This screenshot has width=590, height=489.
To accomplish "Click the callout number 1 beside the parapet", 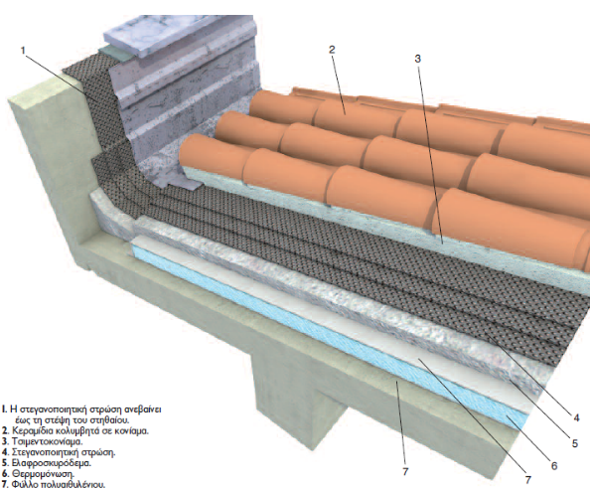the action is [x=23, y=51].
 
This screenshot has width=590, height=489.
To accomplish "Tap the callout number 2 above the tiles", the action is [x=332, y=50].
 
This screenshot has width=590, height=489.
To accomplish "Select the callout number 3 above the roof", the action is [x=417, y=59].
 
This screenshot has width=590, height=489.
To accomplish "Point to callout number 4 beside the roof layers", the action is [x=576, y=417].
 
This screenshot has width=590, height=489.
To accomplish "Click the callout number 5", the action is [x=574, y=443].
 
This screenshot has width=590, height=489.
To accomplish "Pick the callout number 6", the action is [x=554, y=466].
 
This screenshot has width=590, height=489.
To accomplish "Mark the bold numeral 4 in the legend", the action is [x=5, y=452].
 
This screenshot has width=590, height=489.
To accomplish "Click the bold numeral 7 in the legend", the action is [x=5, y=484].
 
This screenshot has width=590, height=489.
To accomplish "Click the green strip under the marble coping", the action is [x=115, y=55].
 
